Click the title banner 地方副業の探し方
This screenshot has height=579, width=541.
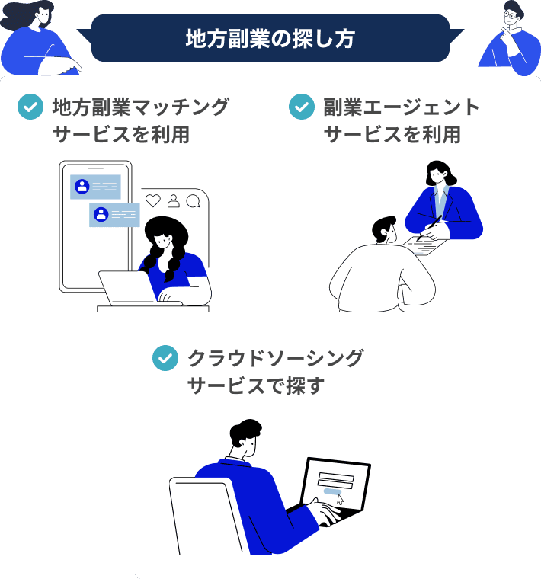click(270, 38)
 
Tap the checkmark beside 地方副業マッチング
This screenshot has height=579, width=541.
click(30, 107)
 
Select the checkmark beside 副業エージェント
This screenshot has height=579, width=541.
click(302, 107)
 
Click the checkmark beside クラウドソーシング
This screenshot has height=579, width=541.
click(165, 358)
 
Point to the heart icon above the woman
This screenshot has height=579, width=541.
click(153, 200)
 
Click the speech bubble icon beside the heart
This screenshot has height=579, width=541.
click(193, 201)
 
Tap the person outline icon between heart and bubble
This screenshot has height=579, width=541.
click(173, 201)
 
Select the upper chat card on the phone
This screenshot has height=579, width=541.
click(96, 187)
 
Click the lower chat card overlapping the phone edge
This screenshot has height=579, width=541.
click(114, 215)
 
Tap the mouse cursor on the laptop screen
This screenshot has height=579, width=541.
click(340, 500)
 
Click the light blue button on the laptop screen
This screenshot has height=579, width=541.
click(332, 491)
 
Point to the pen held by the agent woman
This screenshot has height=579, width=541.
click(429, 228)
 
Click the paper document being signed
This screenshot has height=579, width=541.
click(424, 246)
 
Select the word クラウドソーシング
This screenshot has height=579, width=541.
click(276, 358)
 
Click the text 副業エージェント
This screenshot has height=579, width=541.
click(402, 107)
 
